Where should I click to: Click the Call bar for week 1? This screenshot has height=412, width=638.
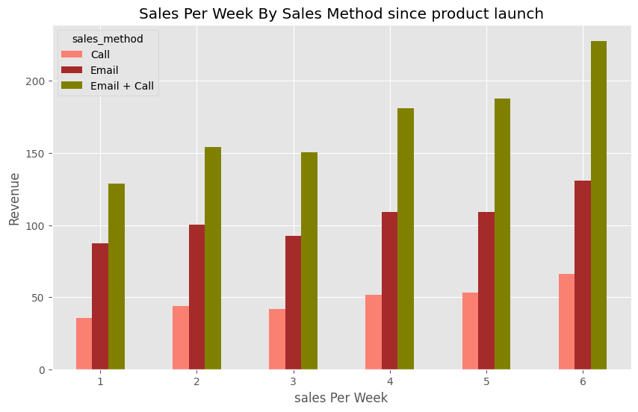(84, 344)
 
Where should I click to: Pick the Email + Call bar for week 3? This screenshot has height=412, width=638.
(309, 261)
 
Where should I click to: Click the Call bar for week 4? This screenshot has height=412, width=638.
(374, 332)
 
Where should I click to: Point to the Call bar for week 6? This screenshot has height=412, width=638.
(566, 322)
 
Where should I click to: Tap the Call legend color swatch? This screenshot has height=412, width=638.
(72, 54)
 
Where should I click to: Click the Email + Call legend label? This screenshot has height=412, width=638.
(122, 86)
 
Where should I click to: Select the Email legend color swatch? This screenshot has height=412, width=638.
(72, 70)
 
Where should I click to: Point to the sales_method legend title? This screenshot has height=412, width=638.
(108, 39)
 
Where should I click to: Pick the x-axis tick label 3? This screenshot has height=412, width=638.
(294, 381)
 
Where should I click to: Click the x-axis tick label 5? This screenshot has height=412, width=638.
(486, 381)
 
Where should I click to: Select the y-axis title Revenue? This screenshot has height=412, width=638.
(14, 198)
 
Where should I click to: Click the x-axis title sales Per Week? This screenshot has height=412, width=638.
(341, 398)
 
